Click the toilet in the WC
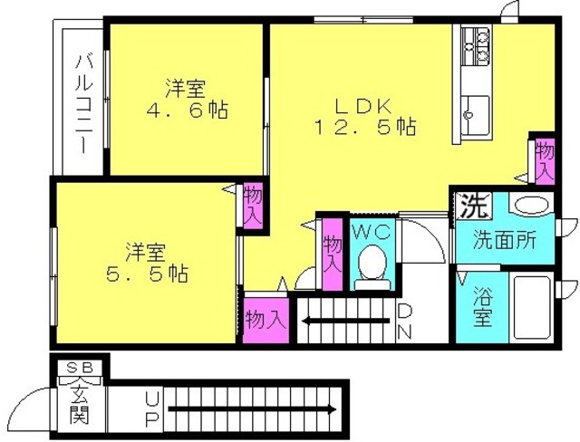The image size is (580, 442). click(372, 267)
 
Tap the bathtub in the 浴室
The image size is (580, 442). click(532, 307)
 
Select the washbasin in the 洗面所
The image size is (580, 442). click(531, 205)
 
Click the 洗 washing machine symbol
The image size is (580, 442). click(473, 206)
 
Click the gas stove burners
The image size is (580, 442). click(476, 46)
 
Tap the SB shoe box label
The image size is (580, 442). click(79, 368)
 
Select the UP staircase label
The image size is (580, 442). click(152, 409)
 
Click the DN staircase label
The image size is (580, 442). click(405, 322)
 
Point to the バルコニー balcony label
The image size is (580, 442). click(83, 104)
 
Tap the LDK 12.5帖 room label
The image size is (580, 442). click(364, 117)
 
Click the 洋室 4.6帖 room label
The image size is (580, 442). click(186, 99)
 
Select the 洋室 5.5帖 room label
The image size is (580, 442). click(147, 263)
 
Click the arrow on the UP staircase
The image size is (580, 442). click(252, 409)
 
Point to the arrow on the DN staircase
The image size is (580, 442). click(346, 320)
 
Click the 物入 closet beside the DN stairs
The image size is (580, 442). click(266, 320)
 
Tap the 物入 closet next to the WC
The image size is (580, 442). click(333, 255)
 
